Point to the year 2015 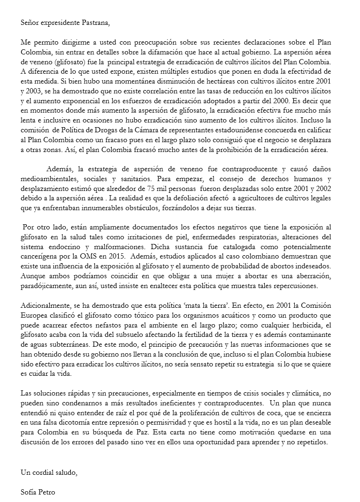pyautogui.click(x=117, y=257)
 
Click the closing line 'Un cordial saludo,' pyautogui.click(x=49, y=473)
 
